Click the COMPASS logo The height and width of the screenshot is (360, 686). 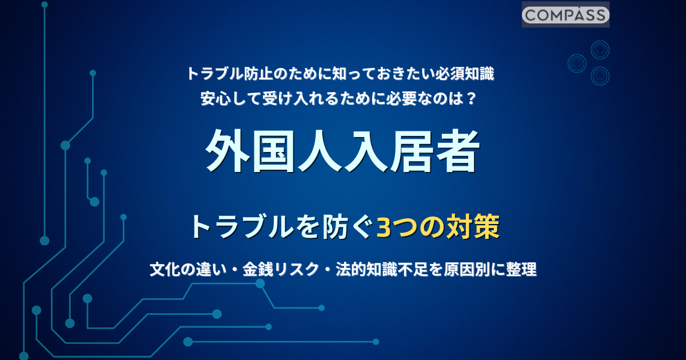tap(565, 15)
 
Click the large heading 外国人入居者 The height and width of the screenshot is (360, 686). tap(342, 151)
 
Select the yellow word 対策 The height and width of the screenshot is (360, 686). tap(473, 227)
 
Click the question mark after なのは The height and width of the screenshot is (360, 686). tap(471, 98)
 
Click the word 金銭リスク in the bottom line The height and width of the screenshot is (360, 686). tap(281, 269)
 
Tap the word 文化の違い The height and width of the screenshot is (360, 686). tap(188, 269)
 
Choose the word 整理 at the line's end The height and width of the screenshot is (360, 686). tap(521, 269)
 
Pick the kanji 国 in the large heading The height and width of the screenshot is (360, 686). tap(274, 151)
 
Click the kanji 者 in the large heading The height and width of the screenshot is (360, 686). tap(457, 151)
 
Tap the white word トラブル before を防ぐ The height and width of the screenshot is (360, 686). tap(242, 227)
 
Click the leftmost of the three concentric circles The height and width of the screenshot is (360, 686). tap(577, 63)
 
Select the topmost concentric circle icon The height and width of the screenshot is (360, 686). tap(600, 50)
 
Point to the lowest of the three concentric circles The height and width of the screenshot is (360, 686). tap(600, 76)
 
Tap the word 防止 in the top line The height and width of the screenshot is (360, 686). tap(257, 74)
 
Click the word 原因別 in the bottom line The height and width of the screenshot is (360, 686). tap(466, 269)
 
